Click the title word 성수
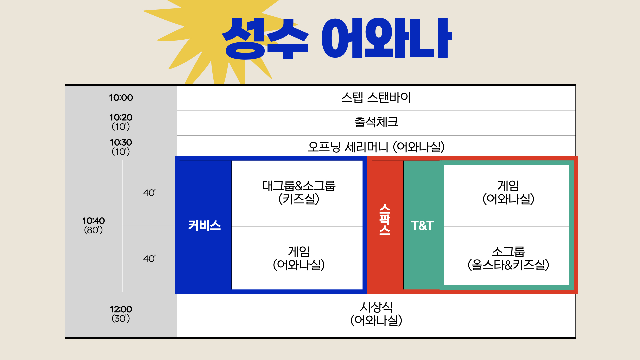point(265,39)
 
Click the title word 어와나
point(386,38)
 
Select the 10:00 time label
point(121,98)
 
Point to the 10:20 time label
point(121,117)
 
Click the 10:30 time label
point(121,142)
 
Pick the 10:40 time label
point(93,221)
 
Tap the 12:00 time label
point(121,309)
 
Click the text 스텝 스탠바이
point(376,97)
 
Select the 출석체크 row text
point(376,122)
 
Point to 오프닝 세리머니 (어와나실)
point(376,147)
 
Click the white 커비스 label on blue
point(204,225)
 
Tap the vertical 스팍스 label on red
point(385,219)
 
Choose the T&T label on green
point(422,226)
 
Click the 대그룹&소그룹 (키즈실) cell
point(299,192)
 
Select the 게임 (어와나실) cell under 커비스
point(299,258)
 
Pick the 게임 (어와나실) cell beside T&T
point(508,192)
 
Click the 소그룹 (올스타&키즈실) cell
point(508,258)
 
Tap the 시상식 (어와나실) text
point(376,314)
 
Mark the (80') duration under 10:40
point(93,230)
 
